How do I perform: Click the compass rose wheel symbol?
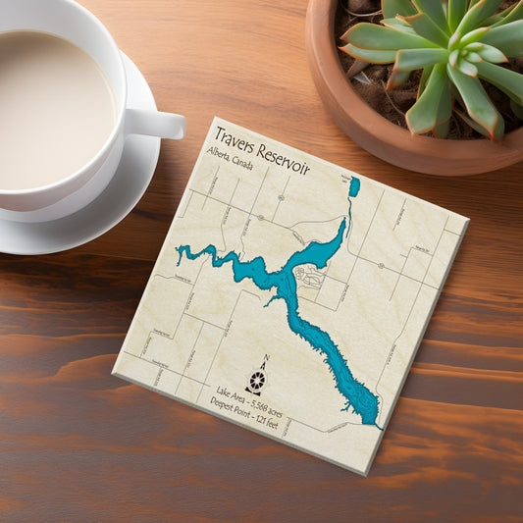click(257, 381)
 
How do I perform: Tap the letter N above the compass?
click(265, 360)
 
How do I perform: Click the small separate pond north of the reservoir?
click(354, 186)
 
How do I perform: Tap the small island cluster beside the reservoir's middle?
click(308, 279)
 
